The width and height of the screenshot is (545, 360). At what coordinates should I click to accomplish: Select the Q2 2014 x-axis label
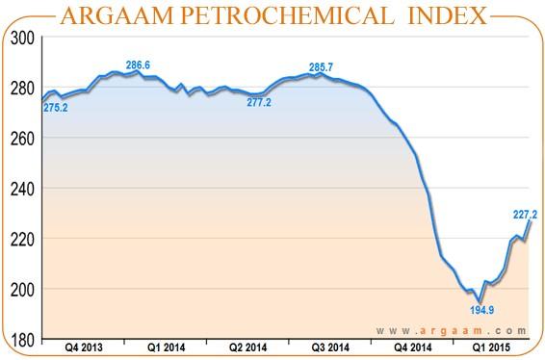click(248, 345)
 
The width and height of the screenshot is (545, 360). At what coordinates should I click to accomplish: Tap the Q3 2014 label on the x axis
click(330, 345)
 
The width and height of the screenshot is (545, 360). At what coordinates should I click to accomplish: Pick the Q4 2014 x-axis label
click(415, 345)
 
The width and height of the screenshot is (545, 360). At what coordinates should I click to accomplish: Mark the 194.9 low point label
click(482, 311)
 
